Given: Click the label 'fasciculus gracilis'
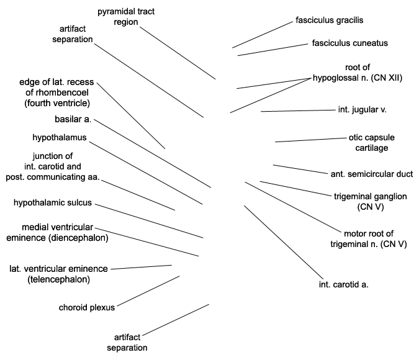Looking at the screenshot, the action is tap(329, 20).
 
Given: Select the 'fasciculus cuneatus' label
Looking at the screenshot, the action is tap(350, 43).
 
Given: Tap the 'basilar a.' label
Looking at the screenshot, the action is tap(73, 119).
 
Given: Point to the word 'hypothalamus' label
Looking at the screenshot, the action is tap(60, 137).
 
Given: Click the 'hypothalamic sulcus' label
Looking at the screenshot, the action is tap(53, 202).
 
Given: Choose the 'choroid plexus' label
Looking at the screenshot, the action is tap(86, 308).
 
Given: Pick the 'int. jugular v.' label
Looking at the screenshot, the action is tap(362, 110).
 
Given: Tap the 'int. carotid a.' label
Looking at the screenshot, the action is tap(344, 284).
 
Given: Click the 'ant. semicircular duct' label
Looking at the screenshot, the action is tap(372, 174).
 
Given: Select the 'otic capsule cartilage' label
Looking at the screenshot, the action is tap(371, 143).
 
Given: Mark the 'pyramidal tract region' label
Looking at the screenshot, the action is tap(126, 17).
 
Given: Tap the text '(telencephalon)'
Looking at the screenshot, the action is tap(58, 279).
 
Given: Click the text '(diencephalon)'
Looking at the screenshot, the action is tap(79, 238).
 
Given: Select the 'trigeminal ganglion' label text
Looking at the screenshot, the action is tap(371, 196).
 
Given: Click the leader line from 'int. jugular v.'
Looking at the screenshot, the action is tap(298, 110).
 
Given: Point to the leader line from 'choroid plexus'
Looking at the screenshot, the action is tap(148, 291).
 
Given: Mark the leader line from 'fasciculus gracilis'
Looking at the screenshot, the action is tap(263, 35).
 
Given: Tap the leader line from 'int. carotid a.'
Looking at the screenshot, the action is tap(284, 243).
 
